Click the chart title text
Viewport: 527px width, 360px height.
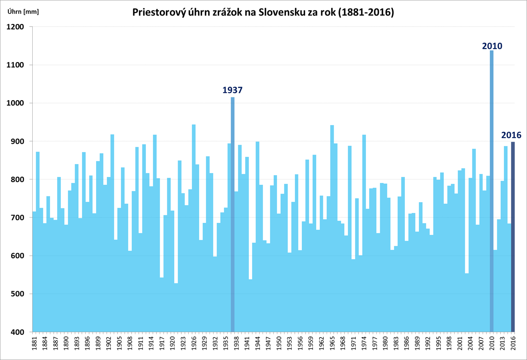point(263,12)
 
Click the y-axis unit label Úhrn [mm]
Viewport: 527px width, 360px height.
point(24,12)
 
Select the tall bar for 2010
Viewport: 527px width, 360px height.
point(491,191)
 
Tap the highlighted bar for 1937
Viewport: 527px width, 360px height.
point(233,215)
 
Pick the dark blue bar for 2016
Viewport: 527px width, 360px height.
point(513,236)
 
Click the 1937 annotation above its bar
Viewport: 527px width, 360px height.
point(232,90)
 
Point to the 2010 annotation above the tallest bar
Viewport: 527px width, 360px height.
point(492,46)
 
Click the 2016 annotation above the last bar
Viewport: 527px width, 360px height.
point(511,135)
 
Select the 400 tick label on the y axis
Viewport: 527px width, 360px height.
point(18,332)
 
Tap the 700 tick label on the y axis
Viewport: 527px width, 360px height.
point(18,217)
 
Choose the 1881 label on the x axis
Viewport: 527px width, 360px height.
point(34,345)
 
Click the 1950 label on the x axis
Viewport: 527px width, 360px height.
point(279,345)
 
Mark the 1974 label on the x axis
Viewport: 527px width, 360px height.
point(364,345)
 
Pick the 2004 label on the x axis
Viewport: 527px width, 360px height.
point(470,345)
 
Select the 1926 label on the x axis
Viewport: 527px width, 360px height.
point(194,345)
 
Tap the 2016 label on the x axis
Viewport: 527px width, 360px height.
point(513,345)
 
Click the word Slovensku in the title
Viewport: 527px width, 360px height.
point(279,12)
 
